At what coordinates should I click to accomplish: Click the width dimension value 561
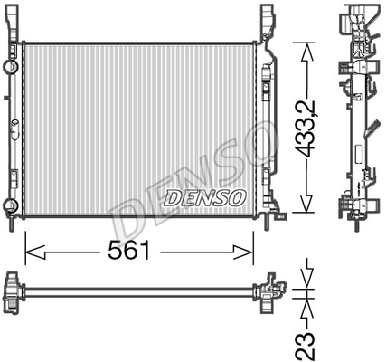[128, 251]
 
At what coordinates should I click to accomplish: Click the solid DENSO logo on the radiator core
[205, 198]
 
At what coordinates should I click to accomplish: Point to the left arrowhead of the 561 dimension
[35, 252]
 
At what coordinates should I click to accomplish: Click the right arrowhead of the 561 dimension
[243, 252]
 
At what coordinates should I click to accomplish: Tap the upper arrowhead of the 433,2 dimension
[306, 53]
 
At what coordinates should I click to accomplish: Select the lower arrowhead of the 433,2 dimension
[306, 203]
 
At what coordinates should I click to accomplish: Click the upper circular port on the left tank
[11, 66]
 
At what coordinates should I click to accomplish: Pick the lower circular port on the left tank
[11, 205]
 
